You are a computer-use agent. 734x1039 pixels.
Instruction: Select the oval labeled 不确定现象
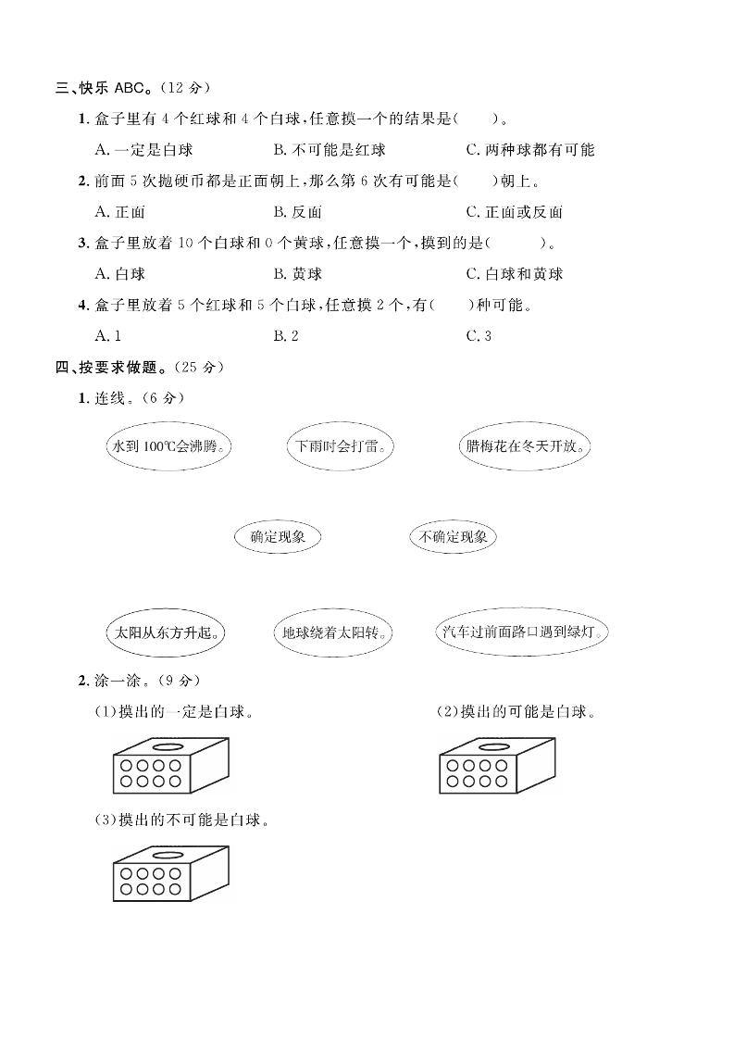(453, 536)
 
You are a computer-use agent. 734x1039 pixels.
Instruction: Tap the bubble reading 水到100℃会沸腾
(168, 446)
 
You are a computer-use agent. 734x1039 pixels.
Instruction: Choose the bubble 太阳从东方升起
(168, 633)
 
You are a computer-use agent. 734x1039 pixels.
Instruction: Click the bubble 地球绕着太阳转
(335, 633)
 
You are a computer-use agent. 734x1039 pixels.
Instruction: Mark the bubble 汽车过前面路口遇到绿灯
(523, 633)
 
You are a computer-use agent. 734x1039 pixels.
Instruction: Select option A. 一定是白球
(143, 150)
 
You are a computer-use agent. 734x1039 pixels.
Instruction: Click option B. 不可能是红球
(330, 150)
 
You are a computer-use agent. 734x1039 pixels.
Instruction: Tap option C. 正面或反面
(515, 212)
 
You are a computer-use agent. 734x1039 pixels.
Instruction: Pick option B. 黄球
(298, 274)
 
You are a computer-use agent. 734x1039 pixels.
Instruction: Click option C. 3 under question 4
(479, 336)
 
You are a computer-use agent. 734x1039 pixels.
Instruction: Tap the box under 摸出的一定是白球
(169, 766)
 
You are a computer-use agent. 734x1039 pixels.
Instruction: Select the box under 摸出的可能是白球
(497, 766)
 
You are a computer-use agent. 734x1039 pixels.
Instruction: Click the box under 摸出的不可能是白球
(169, 875)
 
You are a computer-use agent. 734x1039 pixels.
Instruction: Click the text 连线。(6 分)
(140, 398)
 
